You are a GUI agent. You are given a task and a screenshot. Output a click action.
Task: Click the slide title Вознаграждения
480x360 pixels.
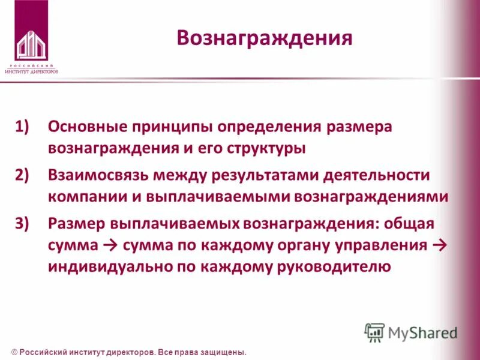264,38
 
